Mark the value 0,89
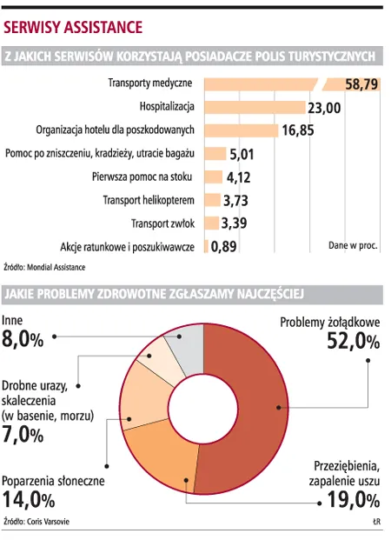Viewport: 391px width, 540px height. pos(226,247)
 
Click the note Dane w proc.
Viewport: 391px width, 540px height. pos(353,246)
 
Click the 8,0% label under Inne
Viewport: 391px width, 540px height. pos(23,339)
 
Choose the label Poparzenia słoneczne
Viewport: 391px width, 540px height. pos(53,480)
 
